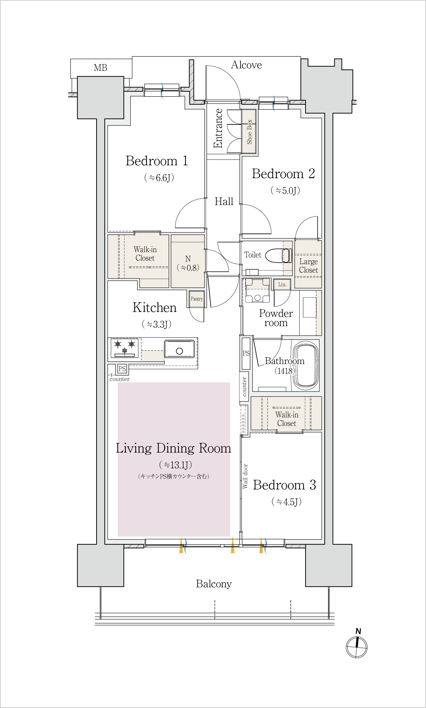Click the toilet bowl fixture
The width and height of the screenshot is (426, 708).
pyautogui.click(x=278, y=255)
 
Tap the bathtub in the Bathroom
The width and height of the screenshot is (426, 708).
pyautogui.click(x=306, y=365)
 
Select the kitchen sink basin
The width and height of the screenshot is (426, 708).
pyautogui.click(x=180, y=349)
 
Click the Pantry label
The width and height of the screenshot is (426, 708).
pyautogui.click(x=197, y=299)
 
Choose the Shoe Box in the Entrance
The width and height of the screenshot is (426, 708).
pyautogui.click(x=249, y=132)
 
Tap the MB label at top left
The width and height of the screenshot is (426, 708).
pyautogui.click(x=100, y=68)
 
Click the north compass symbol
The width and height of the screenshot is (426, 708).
pyautogui.click(x=357, y=644)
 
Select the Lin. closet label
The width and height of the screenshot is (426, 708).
pyautogui.click(x=282, y=285)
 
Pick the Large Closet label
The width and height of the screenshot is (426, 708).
pyautogui.click(x=309, y=266)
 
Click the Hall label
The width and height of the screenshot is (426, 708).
pyautogui.click(x=224, y=201)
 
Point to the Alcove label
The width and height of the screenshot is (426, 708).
pyautogui.click(x=246, y=65)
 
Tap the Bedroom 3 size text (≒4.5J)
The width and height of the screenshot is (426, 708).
pyautogui.click(x=286, y=501)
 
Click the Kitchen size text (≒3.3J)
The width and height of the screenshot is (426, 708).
pyautogui.click(x=156, y=324)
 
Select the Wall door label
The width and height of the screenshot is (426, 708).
pyautogui.click(x=245, y=476)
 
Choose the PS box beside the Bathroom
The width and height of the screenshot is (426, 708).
pyautogui.click(x=246, y=353)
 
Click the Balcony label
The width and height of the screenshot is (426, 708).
pyautogui.click(x=214, y=584)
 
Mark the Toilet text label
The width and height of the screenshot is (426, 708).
pyautogui.click(x=253, y=255)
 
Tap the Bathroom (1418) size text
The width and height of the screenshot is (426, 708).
pyautogui.click(x=284, y=371)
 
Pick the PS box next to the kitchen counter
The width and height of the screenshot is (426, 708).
pyautogui.click(x=122, y=369)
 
